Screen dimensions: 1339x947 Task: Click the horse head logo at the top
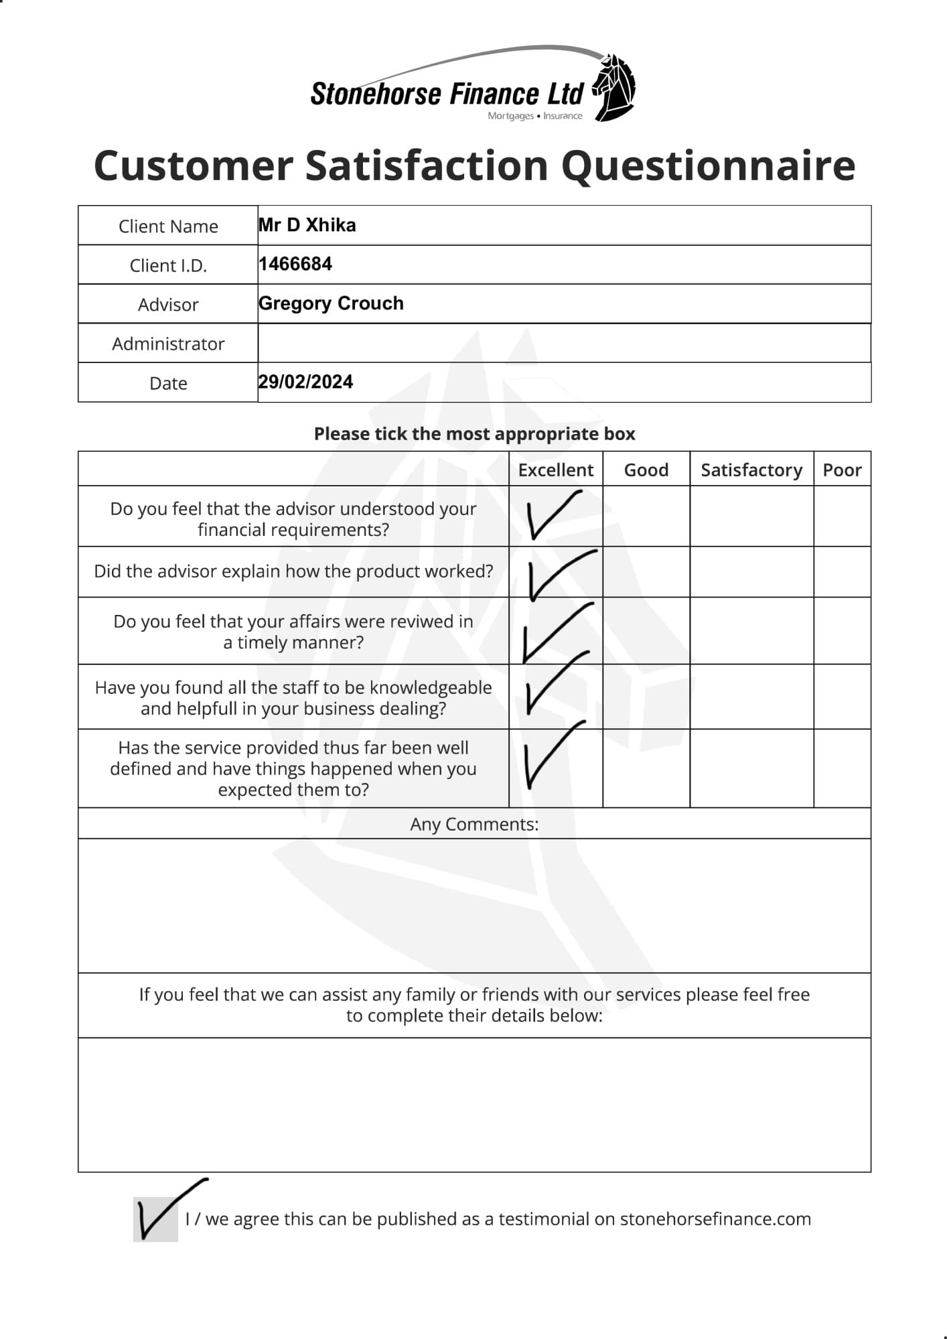point(613,87)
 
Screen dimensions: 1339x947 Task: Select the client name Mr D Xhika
point(307,225)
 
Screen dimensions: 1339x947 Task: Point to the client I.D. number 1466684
point(295,264)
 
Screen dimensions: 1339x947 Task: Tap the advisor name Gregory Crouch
point(331,303)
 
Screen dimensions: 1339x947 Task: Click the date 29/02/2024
point(305,382)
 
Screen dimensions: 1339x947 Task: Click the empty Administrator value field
point(564,343)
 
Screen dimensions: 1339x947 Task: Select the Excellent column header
point(555,470)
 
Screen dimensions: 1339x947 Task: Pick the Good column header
point(646,470)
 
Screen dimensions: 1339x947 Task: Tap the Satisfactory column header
point(751,470)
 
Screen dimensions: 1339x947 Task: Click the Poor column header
point(842,470)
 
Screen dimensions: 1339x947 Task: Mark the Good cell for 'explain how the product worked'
point(646,571)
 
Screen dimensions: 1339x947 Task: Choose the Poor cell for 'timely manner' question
point(842,630)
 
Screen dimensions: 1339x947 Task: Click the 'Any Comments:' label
point(474,824)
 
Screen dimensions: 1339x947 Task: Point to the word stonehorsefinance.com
point(715,1219)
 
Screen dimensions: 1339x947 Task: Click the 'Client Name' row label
point(168,226)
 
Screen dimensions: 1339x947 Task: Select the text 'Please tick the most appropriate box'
point(474,434)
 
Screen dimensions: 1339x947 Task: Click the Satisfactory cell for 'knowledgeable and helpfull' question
point(751,697)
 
